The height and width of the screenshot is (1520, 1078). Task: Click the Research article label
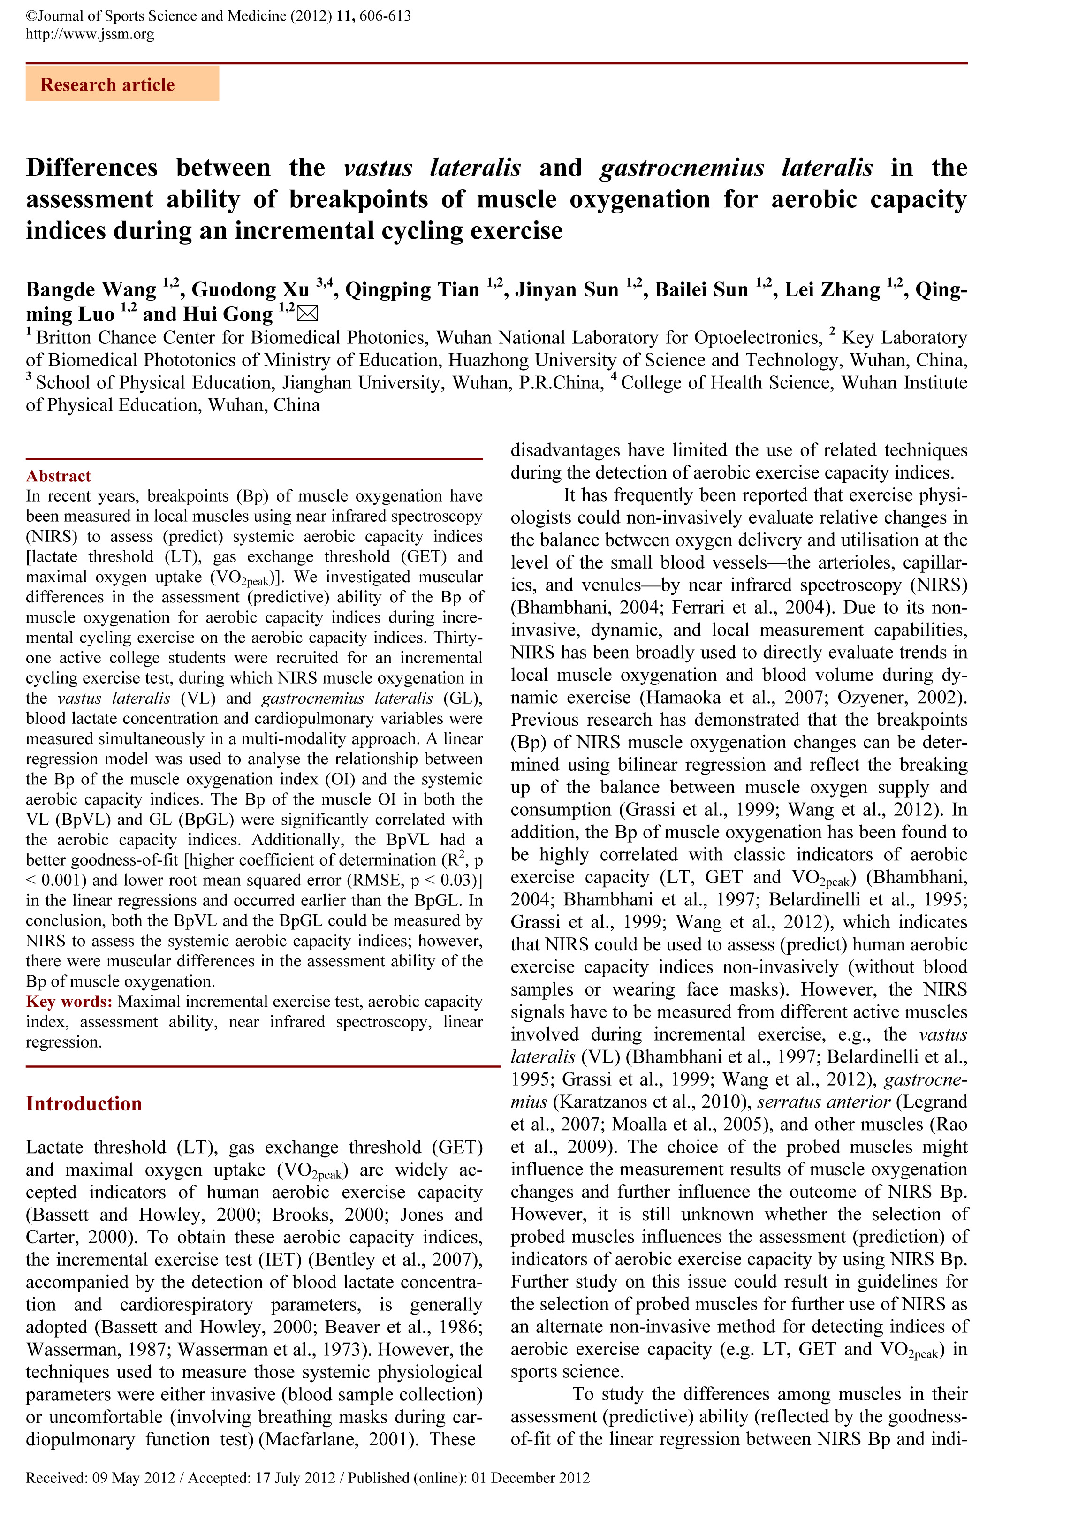(x=107, y=84)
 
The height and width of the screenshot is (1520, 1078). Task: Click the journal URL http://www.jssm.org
(x=90, y=34)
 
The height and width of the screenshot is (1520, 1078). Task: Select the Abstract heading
(x=59, y=476)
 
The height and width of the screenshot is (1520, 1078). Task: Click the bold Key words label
(x=69, y=1001)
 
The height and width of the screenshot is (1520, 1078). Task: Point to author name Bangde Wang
(x=91, y=290)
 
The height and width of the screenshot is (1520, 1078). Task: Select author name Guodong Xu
(x=250, y=290)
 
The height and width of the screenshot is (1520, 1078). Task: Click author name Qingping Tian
(x=412, y=290)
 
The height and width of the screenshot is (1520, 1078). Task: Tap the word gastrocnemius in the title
(x=682, y=167)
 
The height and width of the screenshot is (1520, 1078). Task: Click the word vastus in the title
(x=378, y=167)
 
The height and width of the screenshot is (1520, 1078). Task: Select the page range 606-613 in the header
(x=385, y=16)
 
